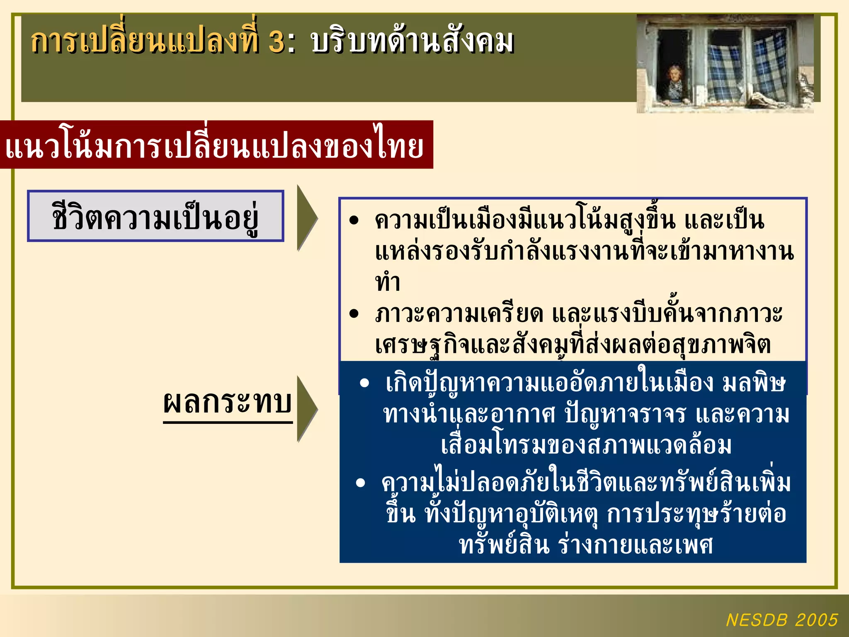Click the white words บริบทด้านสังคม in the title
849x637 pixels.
point(412,42)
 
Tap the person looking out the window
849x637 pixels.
point(675,83)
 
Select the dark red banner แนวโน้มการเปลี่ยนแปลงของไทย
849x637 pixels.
point(216,145)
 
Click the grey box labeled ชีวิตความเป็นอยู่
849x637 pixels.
point(155,216)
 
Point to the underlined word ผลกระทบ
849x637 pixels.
point(228,403)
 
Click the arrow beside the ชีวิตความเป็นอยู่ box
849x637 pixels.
point(306,218)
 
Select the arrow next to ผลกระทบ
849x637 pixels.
point(306,408)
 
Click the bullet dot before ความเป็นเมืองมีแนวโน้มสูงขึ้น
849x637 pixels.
point(353,220)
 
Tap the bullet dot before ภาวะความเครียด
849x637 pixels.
point(353,314)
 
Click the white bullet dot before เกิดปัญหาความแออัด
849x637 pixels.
point(364,383)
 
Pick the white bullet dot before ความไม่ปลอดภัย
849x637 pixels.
point(360,483)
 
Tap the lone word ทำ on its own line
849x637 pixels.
point(388,283)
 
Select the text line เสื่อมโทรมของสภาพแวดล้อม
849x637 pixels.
point(586,445)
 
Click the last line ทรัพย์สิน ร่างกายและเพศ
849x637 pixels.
point(586,545)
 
